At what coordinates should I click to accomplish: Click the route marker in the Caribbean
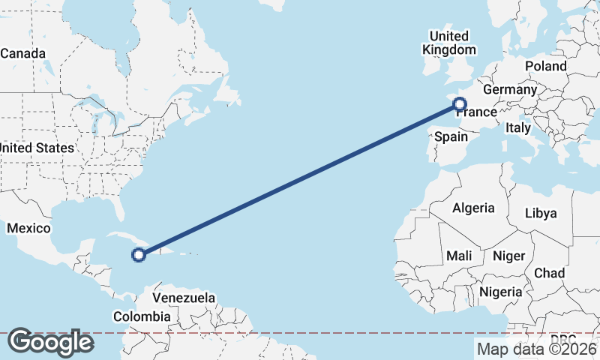tap(138, 255)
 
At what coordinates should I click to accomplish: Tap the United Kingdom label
tap(449, 43)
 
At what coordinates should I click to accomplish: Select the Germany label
tap(510, 89)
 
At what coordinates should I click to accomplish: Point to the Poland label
tap(546, 66)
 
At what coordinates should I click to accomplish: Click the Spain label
tap(451, 137)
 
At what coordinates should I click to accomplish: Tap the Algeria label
tap(473, 208)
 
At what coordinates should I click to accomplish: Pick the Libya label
tap(541, 213)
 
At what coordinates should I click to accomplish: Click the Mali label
tap(459, 256)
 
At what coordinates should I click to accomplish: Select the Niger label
tap(508, 256)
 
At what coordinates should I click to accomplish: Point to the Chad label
tap(550, 273)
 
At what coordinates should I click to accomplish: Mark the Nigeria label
tap(500, 291)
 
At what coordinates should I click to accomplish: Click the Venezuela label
tap(184, 298)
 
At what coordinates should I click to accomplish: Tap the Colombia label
tap(142, 316)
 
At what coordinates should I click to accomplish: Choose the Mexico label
tap(28, 228)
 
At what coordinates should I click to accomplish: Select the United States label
tap(36, 148)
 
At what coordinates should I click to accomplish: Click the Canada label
tap(23, 53)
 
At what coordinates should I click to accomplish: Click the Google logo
tap(50, 342)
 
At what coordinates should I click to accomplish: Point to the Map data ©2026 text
tap(536, 349)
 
